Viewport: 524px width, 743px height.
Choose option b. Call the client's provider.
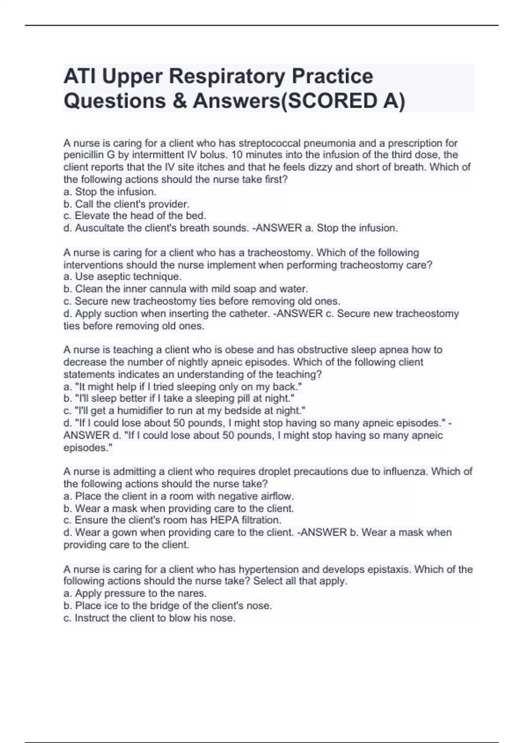127,204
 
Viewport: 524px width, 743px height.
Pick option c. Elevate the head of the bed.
134,216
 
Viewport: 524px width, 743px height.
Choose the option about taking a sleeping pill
179,399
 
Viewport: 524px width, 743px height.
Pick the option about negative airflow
179,496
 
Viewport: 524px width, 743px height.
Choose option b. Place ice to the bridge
168,606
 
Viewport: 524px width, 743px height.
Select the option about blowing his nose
149,618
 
